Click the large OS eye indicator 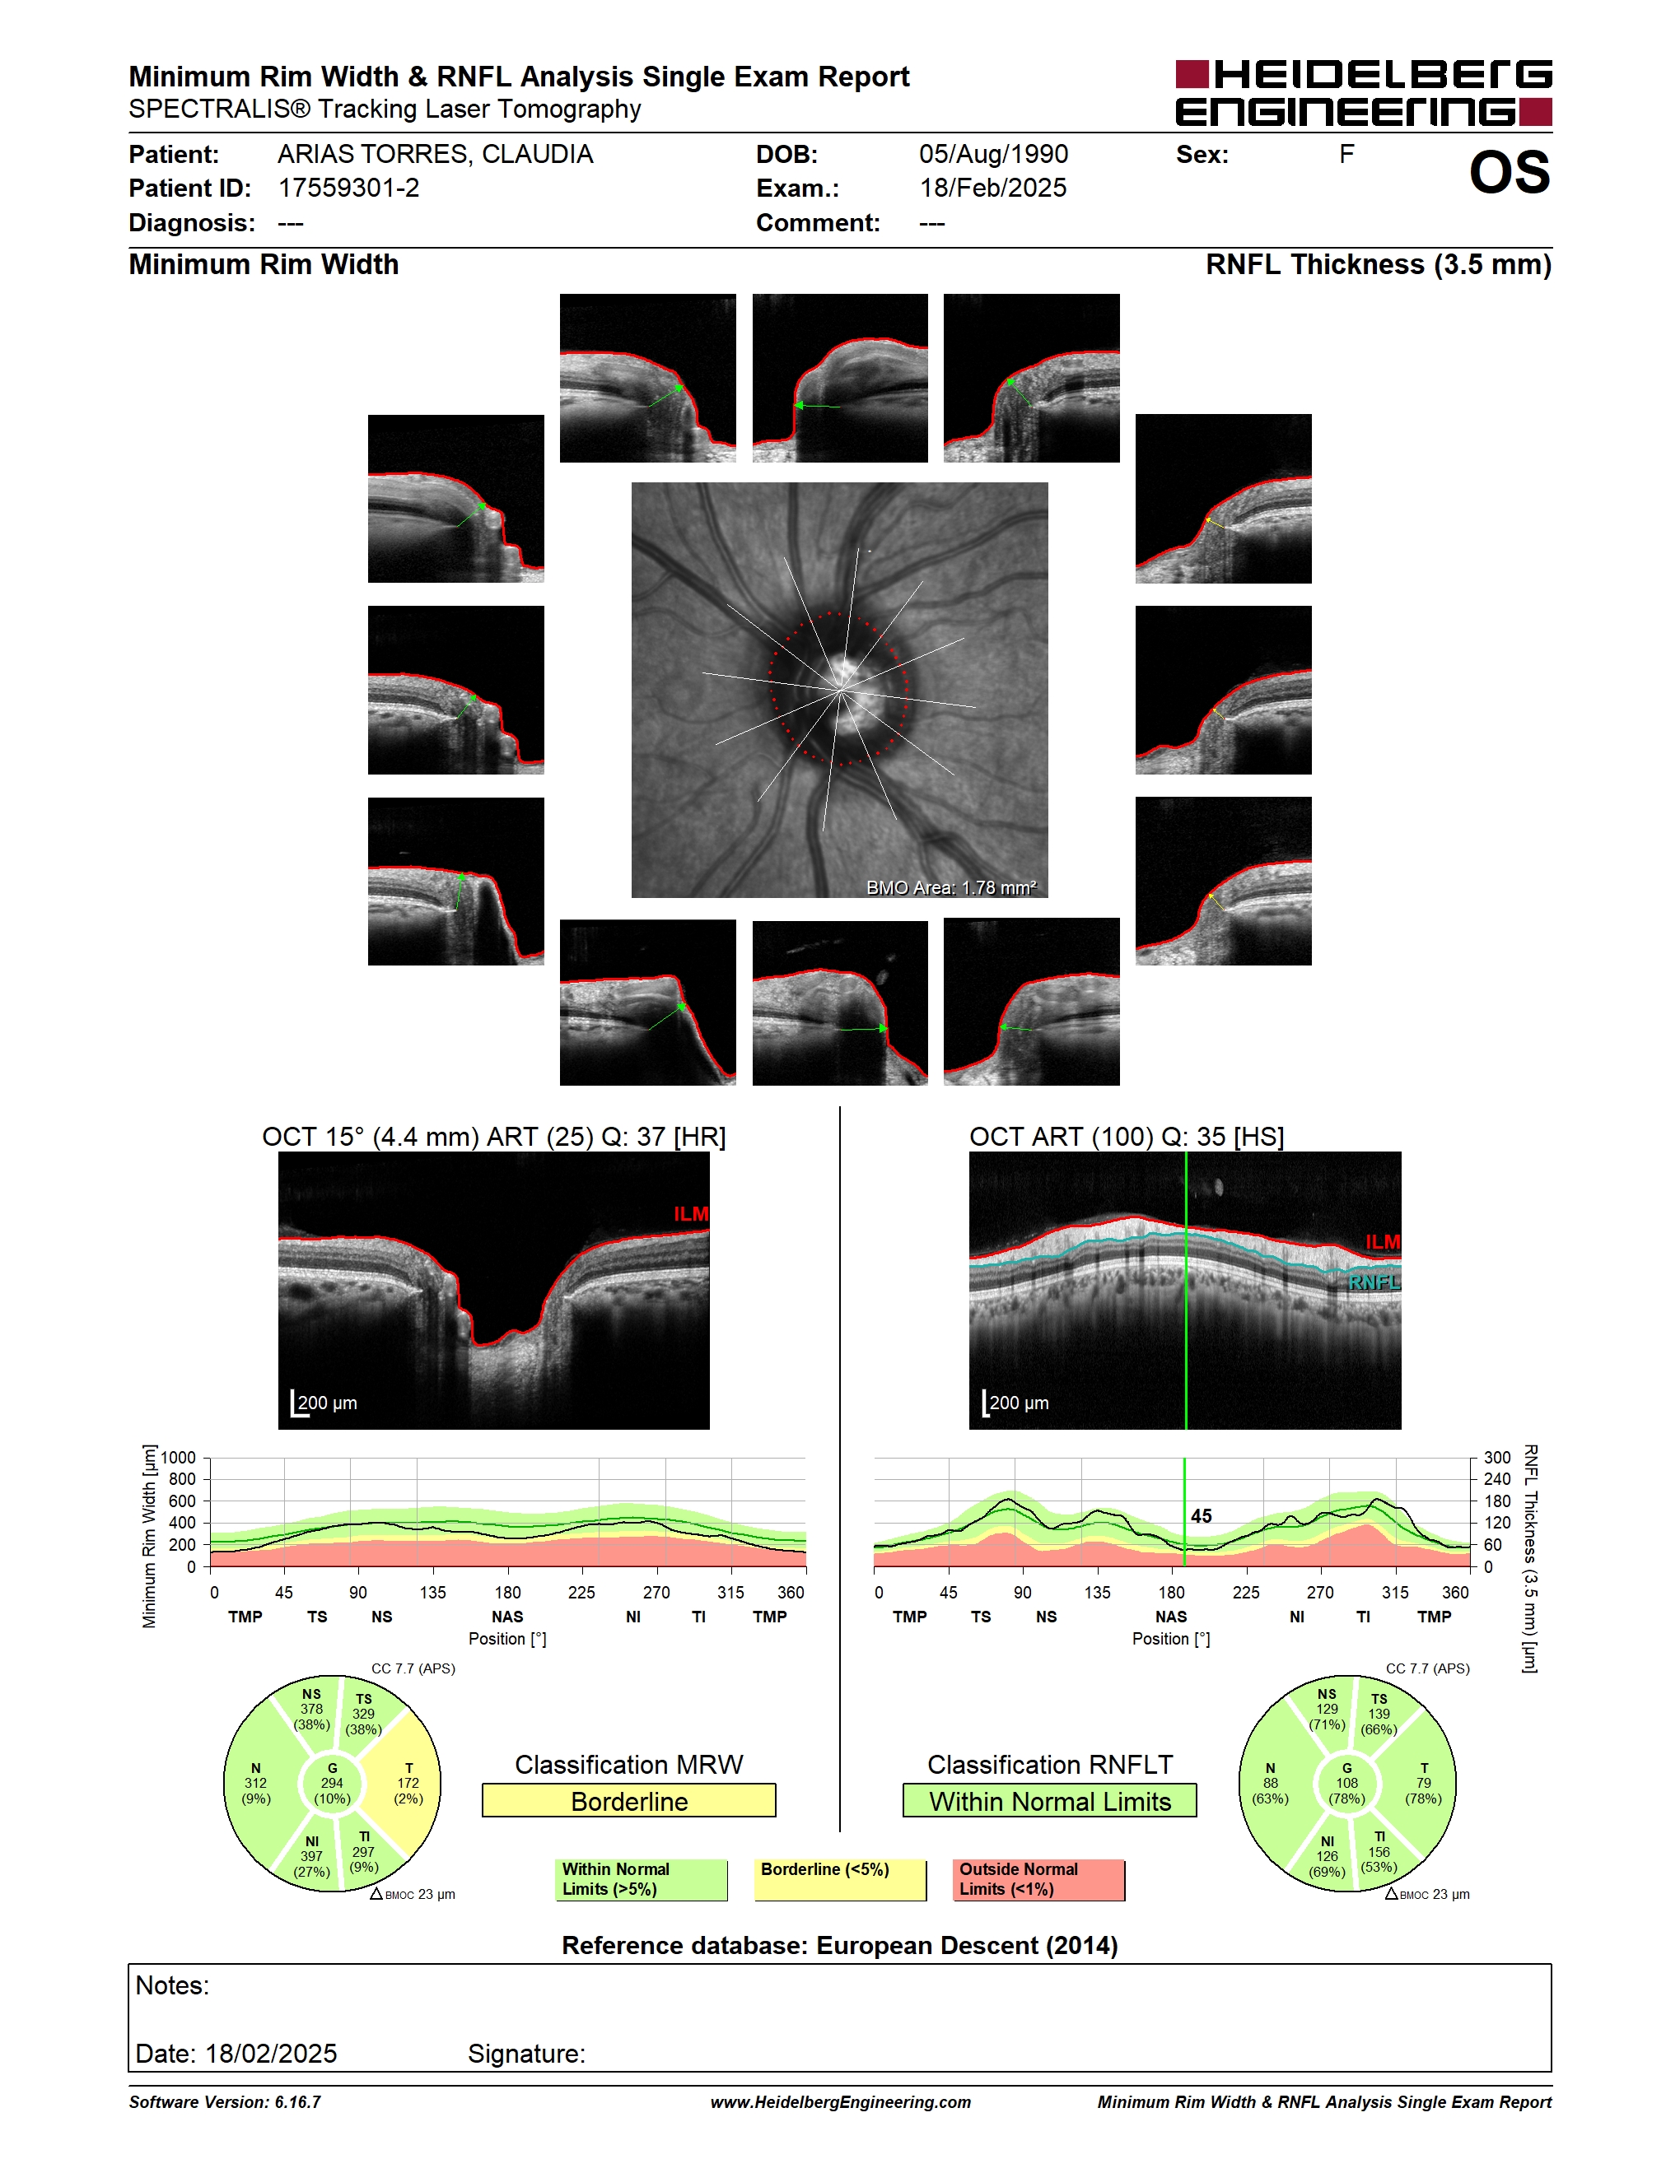(1510, 173)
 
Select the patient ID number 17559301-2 (348, 188)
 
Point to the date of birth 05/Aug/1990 (993, 154)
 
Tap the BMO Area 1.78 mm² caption (950, 887)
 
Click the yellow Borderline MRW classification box (629, 1801)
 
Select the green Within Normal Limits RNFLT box (1050, 1801)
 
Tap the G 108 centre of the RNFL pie (1346, 1784)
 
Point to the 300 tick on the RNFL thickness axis (1497, 1458)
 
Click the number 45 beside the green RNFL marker (1202, 1516)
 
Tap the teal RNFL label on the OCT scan (1374, 1282)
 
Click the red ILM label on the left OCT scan (691, 1214)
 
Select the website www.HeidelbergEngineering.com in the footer (840, 2101)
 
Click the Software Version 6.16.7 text (225, 2101)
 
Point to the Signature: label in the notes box (526, 2054)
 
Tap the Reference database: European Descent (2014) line (840, 1945)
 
